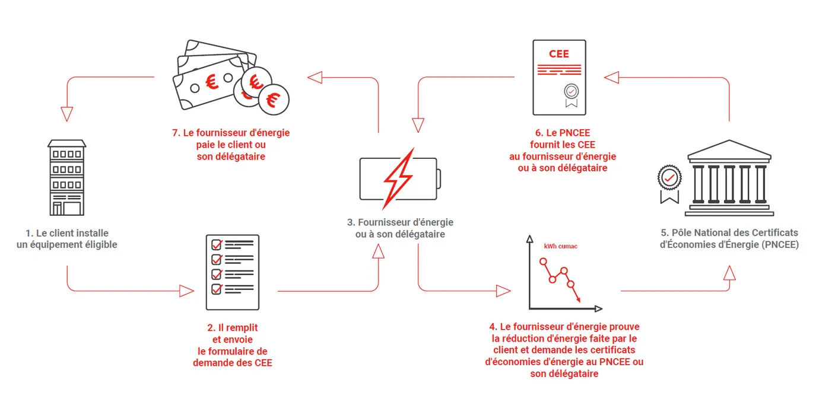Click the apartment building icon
(x=66, y=177)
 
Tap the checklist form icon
(x=232, y=272)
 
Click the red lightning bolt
(x=398, y=178)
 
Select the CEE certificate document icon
(x=559, y=77)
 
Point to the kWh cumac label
(x=560, y=245)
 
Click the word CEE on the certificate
(x=558, y=54)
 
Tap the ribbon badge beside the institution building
(x=669, y=180)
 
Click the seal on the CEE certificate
(x=571, y=92)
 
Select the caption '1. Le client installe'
(x=66, y=233)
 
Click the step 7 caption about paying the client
(x=231, y=144)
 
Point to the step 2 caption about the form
(x=232, y=344)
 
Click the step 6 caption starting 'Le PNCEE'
(x=562, y=150)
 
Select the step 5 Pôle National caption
(x=729, y=238)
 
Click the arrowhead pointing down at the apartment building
(x=66, y=114)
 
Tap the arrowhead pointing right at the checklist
(x=187, y=291)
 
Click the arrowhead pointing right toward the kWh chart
(x=503, y=291)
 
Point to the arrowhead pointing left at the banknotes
(x=315, y=77)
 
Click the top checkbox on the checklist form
(x=217, y=244)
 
